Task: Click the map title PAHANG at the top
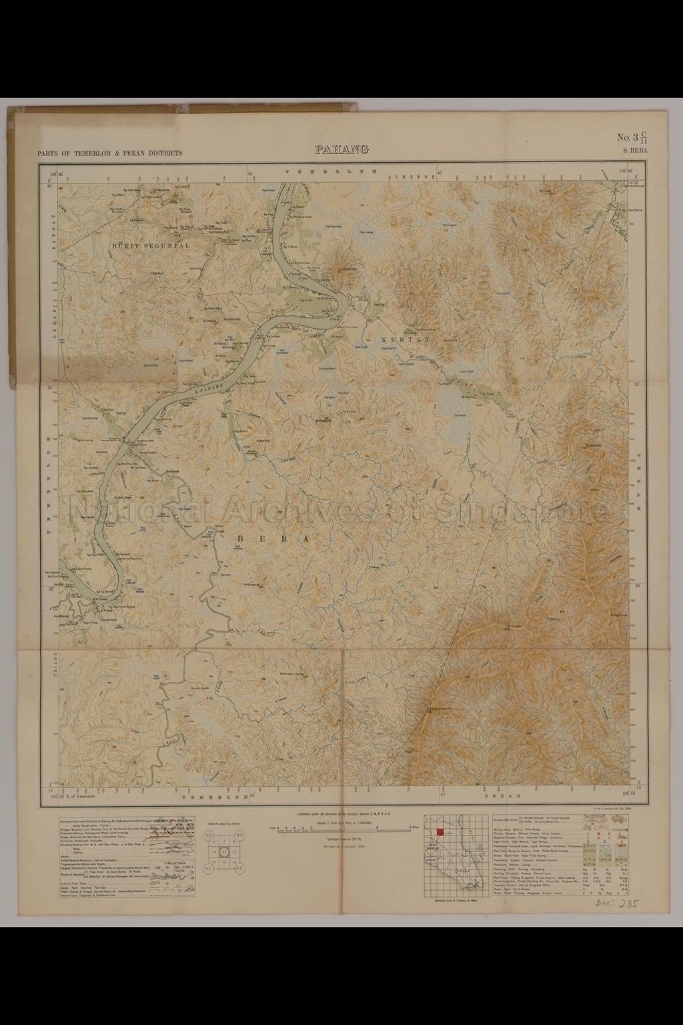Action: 341,149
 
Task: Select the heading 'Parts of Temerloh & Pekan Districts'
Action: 110,153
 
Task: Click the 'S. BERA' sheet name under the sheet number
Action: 634,152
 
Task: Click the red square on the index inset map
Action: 440,831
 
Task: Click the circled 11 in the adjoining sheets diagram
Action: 225,852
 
